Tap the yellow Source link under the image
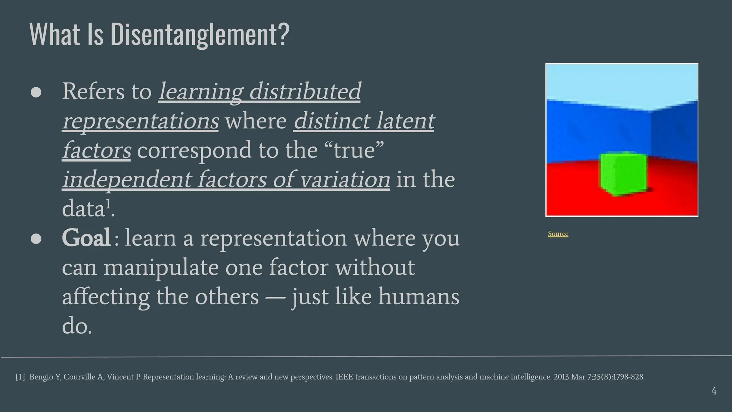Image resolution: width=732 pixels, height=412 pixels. (558, 234)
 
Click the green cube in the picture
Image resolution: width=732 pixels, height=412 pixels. (623, 174)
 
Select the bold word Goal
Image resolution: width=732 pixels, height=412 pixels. (86, 238)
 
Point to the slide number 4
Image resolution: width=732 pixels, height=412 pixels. (714, 391)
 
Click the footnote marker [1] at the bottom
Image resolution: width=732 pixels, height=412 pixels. (20, 377)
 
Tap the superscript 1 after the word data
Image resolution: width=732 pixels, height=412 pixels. (109, 205)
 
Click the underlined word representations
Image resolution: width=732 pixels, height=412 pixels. (140, 121)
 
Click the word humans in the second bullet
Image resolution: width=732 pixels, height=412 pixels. (419, 297)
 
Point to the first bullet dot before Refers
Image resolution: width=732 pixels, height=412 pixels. (36, 92)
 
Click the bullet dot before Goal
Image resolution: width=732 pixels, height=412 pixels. (36, 239)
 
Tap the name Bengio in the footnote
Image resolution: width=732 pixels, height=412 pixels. (41, 377)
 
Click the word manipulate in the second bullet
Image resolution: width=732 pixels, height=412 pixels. (161, 268)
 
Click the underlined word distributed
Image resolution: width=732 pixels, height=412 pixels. (305, 92)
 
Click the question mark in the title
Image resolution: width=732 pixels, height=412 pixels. (283, 35)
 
